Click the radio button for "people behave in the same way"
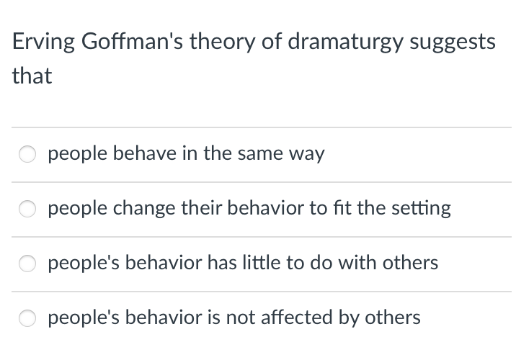[x=27, y=155]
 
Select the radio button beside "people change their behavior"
[x=27, y=210]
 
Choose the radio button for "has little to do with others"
[x=27, y=264]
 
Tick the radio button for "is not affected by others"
[x=27, y=318]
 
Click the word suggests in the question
[x=453, y=42]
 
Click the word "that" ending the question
[x=32, y=76]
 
